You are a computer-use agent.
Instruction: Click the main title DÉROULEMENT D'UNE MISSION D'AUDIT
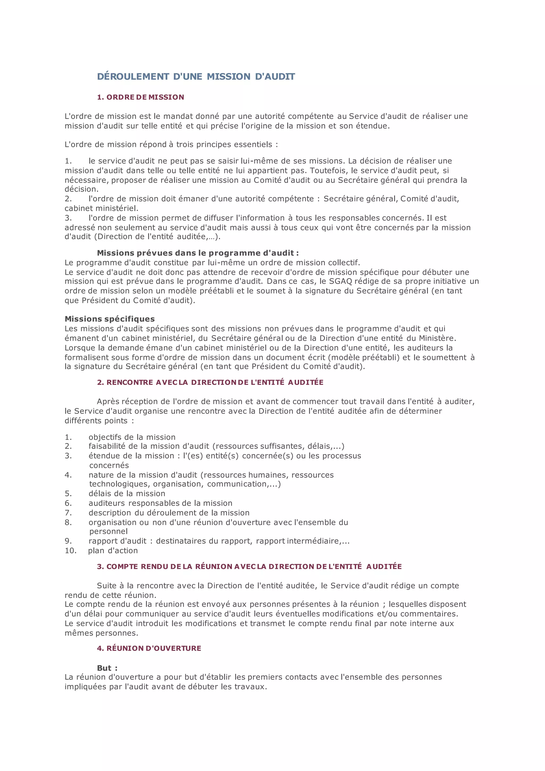(x=196, y=77)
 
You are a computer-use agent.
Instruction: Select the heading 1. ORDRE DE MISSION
(x=140, y=97)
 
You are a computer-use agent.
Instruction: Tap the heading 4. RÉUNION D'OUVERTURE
(x=149, y=648)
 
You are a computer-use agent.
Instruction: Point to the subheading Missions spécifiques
(x=109, y=319)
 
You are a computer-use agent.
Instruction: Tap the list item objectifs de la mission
(x=132, y=437)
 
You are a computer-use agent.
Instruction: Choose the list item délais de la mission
(x=127, y=493)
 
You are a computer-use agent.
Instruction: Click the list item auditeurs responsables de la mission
(x=160, y=503)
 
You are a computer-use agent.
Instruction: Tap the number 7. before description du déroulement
(x=68, y=513)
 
